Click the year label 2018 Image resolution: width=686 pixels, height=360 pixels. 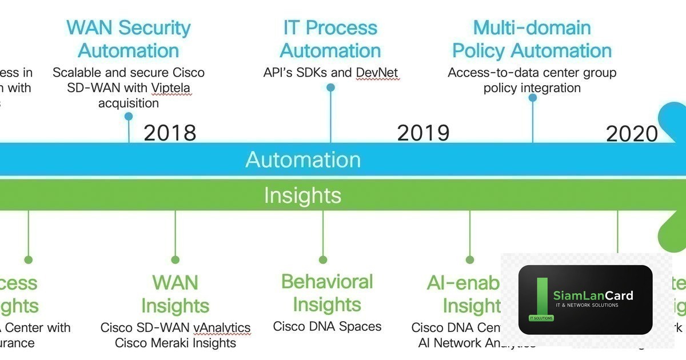(x=170, y=133)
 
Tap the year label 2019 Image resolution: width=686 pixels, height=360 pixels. (x=423, y=133)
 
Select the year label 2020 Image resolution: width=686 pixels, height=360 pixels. (x=632, y=134)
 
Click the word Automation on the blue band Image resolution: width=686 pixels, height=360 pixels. (x=303, y=159)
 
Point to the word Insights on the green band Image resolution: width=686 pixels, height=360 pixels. (x=302, y=195)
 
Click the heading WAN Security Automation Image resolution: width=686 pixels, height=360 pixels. (x=129, y=39)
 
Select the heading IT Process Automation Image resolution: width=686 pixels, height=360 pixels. (x=330, y=39)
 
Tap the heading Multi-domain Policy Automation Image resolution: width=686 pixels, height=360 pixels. (x=532, y=39)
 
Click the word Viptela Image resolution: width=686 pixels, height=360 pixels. (x=171, y=88)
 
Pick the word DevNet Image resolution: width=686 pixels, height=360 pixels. (x=377, y=73)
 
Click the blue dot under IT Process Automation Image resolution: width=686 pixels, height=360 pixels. (x=330, y=87)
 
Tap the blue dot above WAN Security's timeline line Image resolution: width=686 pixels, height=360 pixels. (x=129, y=117)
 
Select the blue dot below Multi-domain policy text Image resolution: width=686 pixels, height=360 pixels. (x=533, y=98)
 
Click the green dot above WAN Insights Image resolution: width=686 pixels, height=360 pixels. (x=176, y=260)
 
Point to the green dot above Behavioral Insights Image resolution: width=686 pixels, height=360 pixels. (x=323, y=260)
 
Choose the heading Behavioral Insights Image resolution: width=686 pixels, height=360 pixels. (x=327, y=293)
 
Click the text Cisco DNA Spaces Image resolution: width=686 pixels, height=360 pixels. (x=327, y=327)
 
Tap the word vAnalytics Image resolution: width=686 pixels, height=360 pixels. (x=222, y=328)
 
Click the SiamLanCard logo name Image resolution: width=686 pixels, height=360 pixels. (x=593, y=295)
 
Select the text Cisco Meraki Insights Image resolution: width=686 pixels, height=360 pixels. (x=176, y=343)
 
